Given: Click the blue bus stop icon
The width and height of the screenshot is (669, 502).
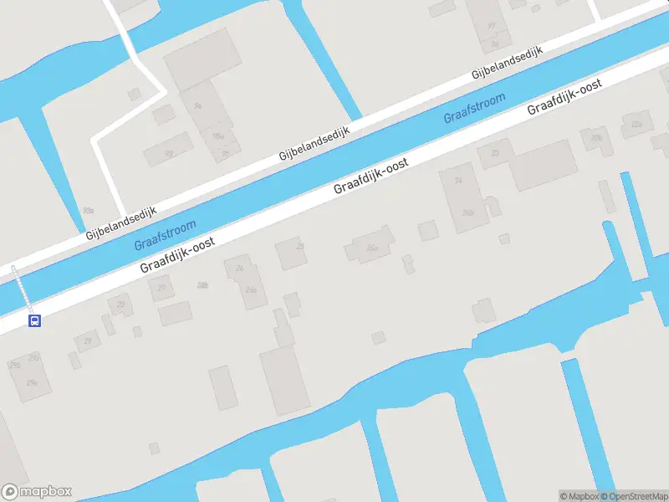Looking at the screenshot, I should [x=34, y=320].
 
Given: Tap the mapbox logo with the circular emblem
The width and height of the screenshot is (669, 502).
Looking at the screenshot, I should [x=37, y=492].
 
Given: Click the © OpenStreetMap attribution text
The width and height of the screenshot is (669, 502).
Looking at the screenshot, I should [x=633, y=496].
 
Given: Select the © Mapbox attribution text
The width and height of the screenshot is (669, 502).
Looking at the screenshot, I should [x=578, y=496].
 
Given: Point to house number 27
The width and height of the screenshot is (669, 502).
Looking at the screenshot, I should [x=161, y=288].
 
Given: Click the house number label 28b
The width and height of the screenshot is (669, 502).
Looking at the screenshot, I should [x=202, y=285].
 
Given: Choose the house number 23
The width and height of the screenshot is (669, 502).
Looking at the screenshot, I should [x=495, y=153].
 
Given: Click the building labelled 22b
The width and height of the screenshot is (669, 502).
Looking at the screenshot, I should [x=596, y=137].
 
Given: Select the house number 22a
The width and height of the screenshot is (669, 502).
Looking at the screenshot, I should [x=637, y=124].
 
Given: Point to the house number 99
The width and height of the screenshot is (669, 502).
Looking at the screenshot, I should [x=168, y=153].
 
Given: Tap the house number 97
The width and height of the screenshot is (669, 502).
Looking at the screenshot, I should [x=491, y=26].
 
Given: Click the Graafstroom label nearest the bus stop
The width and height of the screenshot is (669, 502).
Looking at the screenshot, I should [x=166, y=235].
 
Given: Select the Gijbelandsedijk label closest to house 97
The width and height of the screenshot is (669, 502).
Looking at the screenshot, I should [x=507, y=63].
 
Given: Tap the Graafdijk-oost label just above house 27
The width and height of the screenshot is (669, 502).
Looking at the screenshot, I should [x=177, y=254].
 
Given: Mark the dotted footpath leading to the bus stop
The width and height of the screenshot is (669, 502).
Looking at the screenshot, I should [x=21, y=289].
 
